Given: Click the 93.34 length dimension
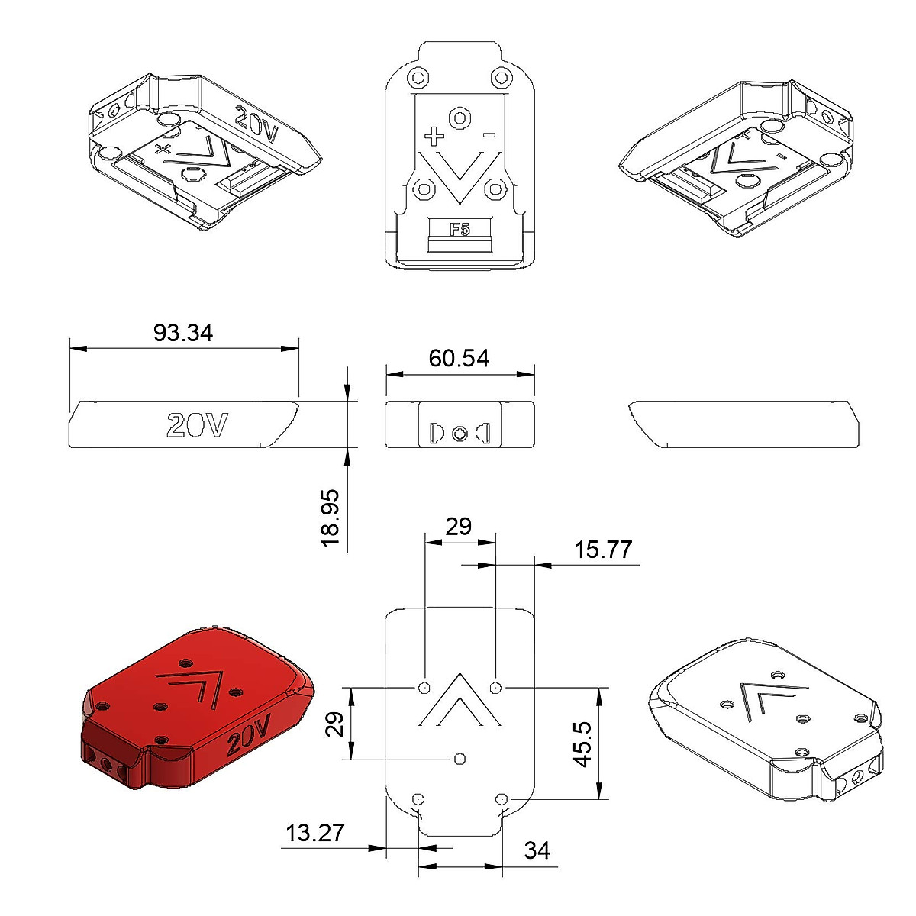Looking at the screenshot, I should (183, 333).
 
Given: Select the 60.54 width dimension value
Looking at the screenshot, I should (459, 358).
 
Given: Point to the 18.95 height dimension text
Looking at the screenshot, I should (331, 517).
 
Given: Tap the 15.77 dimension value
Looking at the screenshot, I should (603, 550).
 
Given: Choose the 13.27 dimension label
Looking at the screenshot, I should (315, 833).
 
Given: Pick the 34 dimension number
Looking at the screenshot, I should (537, 850).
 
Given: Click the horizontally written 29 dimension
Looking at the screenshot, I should (459, 527).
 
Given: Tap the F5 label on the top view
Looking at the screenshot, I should (460, 229).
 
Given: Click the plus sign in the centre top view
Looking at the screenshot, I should (434, 137).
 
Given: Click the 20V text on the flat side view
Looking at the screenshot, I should (197, 425).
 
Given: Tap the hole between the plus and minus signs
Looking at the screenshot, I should (460, 118).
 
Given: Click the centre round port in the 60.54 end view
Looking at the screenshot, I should (460, 433).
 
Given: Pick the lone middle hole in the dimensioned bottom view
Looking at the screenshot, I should (460, 758).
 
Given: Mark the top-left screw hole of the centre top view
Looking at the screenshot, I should (417, 78).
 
